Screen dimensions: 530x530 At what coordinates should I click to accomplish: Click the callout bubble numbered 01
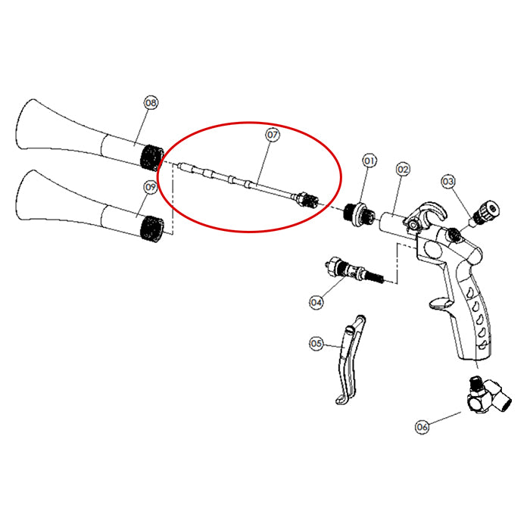point(369,161)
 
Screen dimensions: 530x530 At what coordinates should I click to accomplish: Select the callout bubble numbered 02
point(403,169)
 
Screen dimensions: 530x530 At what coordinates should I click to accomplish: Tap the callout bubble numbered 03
point(448,182)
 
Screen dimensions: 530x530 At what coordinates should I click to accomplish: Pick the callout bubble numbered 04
point(316,302)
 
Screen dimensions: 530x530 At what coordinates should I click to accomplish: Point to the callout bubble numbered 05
point(316,344)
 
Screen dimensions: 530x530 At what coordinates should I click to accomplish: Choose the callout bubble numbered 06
point(422,427)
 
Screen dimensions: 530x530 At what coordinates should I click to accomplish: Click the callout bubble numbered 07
point(273,135)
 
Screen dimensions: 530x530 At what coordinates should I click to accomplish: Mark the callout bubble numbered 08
point(151,103)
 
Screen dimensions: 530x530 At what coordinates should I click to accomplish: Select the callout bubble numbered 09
point(151,187)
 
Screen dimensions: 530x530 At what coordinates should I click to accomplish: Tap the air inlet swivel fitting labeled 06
point(487,395)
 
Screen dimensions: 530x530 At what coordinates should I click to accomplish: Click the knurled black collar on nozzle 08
point(152,157)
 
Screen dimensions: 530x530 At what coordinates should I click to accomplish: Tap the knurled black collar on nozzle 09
point(152,229)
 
